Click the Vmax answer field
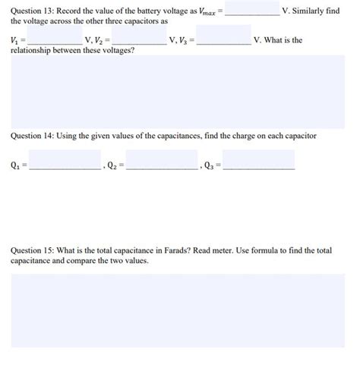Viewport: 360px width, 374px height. (252, 10)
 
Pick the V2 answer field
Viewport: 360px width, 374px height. (139, 38)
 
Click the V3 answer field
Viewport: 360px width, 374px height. (223, 36)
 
